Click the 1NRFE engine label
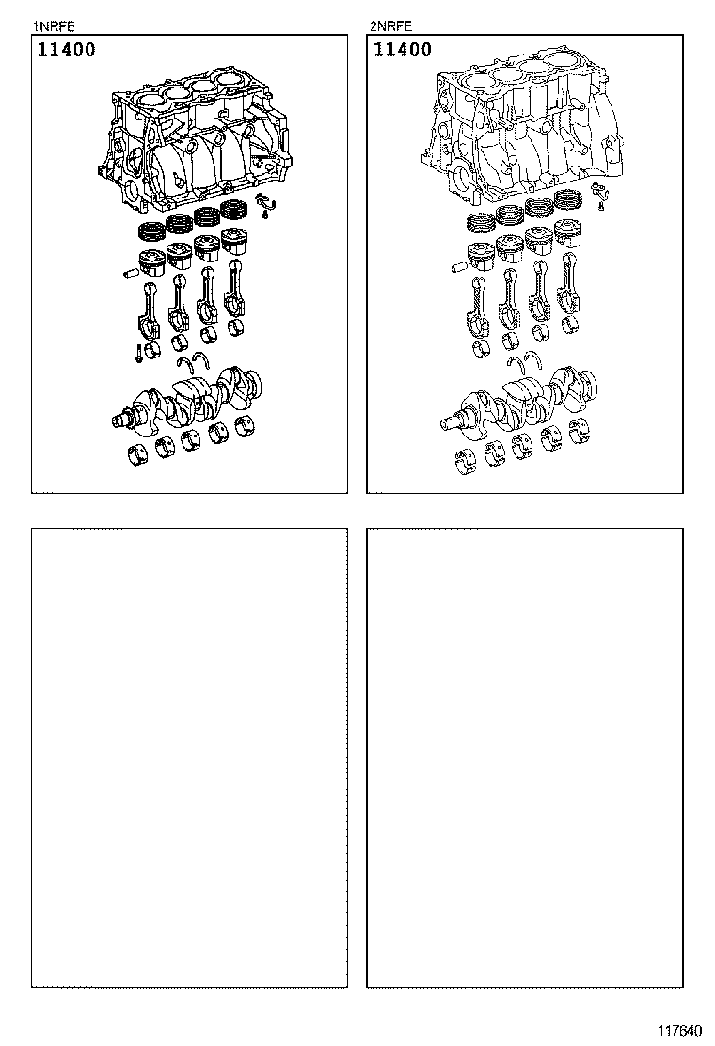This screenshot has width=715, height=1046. click(54, 26)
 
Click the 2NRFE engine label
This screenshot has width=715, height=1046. click(390, 26)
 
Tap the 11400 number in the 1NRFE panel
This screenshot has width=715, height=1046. click(66, 49)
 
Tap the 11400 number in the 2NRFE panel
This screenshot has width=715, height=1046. click(403, 49)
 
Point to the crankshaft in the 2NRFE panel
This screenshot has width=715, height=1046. click(519, 401)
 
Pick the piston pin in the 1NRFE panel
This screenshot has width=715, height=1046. click(131, 274)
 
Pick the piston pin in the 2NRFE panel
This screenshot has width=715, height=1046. click(458, 268)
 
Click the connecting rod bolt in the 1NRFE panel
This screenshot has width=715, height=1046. click(137, 353)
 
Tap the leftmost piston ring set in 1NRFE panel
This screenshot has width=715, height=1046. click(151, 232)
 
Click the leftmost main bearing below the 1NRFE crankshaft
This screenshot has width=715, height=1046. click(138, 452)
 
